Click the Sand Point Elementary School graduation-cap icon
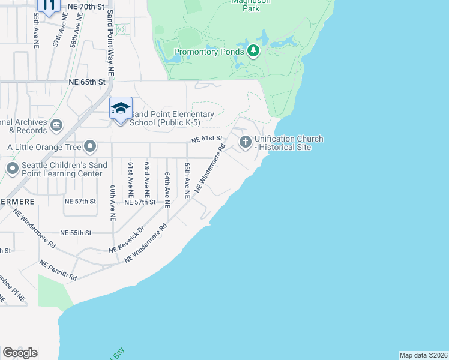(121, 109)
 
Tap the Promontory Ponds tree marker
(253, 50)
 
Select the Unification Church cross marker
(245, 142)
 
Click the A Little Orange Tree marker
(91, 146)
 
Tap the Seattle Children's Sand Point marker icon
(12, 169)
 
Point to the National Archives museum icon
(56, 125)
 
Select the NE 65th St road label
(87, 82)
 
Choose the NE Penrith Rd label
(58, 270)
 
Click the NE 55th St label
(76, 232)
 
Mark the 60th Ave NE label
(112, 203)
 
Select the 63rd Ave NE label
(146, 179)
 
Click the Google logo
(20, 353)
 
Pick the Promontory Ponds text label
(208, 52)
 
